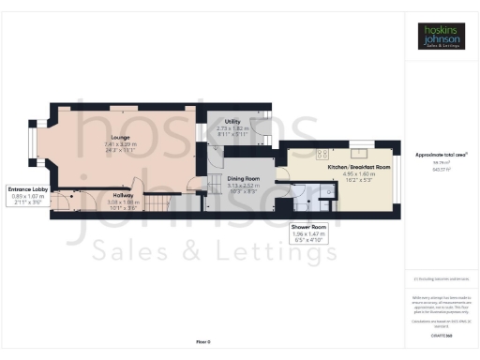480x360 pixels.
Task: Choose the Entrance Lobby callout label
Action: tap(26, 189)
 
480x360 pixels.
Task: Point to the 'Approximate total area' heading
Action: tap(441, 155)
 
